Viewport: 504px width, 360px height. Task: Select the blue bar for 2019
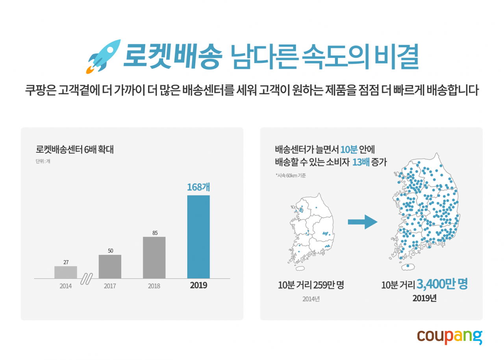[x=198, y=237]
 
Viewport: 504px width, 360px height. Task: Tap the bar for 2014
[x=66, y=272]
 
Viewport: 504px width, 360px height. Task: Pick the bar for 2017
[x=110, y=267]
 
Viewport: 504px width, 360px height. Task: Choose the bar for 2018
[x=154, y=258]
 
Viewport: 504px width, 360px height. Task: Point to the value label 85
[x=155, y=233]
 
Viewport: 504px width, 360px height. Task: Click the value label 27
[x=66, y=262]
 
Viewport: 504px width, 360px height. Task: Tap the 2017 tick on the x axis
[x=110, y=286]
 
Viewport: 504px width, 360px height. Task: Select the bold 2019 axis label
[x=198, y=286]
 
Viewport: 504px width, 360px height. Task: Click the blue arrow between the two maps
[x=362, y=222]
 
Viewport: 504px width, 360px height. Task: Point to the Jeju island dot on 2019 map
[x=408, y=266]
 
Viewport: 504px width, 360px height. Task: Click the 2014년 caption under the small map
[x=311, y=299]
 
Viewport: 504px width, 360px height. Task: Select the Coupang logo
[x=449, y=337]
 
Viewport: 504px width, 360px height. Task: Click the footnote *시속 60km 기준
[x=291, y=175]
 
